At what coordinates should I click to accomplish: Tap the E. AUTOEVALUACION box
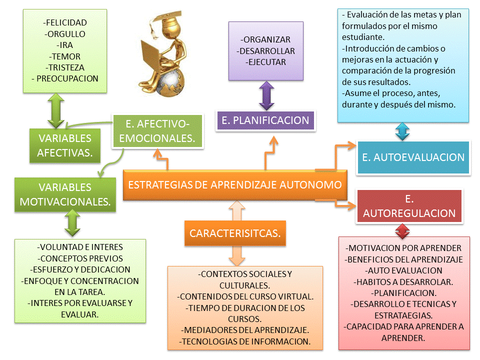(412, 157)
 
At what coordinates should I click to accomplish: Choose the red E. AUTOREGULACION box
(409, 206)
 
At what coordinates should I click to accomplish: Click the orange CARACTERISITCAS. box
(235, 233)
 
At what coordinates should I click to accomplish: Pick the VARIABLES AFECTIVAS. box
(64, 145)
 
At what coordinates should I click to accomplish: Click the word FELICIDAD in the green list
(65, 22)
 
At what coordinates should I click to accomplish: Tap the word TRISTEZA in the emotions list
(65, 67)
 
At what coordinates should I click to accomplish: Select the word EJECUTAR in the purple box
(266, 62)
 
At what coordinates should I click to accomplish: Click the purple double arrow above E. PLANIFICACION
(266, 95)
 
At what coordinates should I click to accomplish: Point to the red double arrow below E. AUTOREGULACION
(402, 230)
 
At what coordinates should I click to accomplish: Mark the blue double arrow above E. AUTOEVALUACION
(402, 131)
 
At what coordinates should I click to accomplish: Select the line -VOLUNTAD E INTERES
(80, 247)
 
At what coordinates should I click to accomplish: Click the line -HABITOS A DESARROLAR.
(404, 281)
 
